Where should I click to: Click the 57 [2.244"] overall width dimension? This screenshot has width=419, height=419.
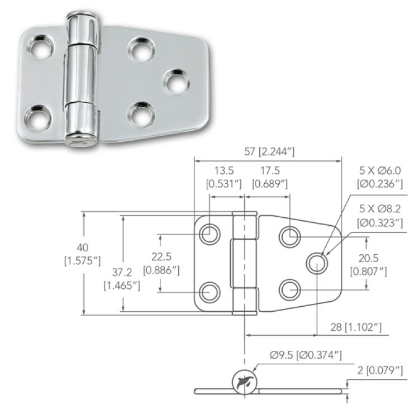coord(269,152)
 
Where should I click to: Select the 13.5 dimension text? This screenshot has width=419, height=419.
coord(224,170)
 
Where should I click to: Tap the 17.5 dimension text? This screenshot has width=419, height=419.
coord(270,170)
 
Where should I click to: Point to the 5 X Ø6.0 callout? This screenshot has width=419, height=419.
coord(380,170)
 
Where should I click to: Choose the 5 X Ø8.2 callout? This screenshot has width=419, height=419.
coord(380,209)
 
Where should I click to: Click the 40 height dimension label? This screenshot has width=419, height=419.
coord(83,247)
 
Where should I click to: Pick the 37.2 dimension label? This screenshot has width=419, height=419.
coord(122,272)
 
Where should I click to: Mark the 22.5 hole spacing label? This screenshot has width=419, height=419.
coord(161,257)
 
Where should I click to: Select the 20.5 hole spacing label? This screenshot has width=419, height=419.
coord(368,258)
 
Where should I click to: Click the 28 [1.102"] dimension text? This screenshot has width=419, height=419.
coord(356,327)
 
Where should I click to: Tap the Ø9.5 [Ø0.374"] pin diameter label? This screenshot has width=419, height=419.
coord(306,355)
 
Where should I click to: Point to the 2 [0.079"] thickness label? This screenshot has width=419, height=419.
coord(380,370)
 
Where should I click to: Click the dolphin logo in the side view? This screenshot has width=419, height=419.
coord(245,382)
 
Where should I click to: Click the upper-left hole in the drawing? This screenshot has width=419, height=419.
coord(209,234)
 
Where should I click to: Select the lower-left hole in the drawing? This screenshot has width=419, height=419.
coord(209,292)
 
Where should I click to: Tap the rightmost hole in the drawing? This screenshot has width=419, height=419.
coord(317,263)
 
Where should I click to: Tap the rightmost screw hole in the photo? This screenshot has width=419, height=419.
coord(177,82)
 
